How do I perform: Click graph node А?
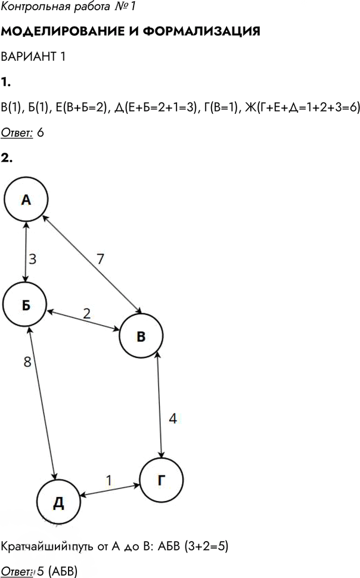(x=26, y=199)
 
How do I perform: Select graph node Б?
(x=25, y=304)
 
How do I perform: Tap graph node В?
(x=141, y=336)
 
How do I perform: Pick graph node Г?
(x=162, y=480)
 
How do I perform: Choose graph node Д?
(x=59, y=502)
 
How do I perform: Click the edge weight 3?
(x=32, y=259)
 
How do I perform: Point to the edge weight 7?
(x=100, y=259)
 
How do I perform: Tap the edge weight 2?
(x=86, y=313)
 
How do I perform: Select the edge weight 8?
(x=27, y=361)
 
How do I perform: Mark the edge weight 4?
(x=173, y=418)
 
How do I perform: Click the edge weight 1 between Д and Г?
(x=108, y=480)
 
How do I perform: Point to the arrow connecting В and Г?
(x=160, y=405)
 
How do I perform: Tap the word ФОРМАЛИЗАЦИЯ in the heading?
(x=201, y=32)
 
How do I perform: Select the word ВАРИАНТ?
(x=29, y=57)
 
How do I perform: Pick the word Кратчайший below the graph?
(x=34, y=546)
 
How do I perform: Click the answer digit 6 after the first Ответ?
(x=41, y=132)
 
